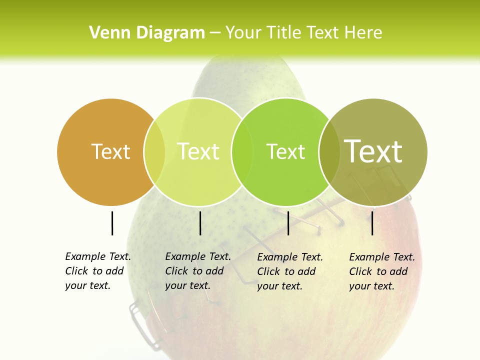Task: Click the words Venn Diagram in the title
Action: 147,33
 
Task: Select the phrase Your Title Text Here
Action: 303,33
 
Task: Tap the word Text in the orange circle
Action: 111,151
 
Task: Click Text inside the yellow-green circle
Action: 198,151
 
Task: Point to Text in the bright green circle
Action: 285,151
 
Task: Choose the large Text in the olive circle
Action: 373,151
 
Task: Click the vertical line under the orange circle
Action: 112,223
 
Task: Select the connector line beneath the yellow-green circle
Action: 200,223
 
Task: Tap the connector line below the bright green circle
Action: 288,223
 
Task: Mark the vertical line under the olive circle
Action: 372,223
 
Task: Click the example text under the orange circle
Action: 98,271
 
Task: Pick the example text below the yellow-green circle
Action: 198,271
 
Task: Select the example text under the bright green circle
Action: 290,271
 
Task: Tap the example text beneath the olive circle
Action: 382,271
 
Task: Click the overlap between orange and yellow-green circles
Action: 154,151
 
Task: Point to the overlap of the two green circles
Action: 242,151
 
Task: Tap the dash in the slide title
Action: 215,33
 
